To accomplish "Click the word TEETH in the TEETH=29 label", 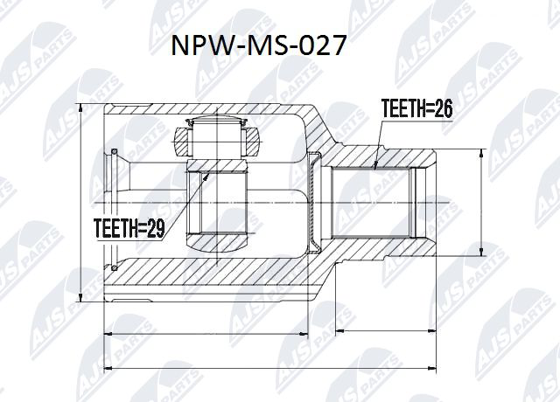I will [117, 229].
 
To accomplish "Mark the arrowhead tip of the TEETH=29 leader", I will [207, 173].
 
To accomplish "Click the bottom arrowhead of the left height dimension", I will [81, 300].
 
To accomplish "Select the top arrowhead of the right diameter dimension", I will [480, 151].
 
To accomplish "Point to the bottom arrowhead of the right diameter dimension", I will [480, 254].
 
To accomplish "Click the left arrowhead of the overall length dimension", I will [107, 368].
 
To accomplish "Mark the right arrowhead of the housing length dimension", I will [308, 333].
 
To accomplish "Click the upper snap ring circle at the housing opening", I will [114, 154].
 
